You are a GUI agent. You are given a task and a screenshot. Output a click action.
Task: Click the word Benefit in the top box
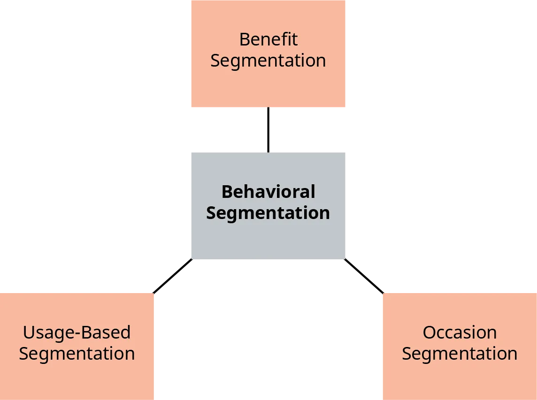pos(268,39)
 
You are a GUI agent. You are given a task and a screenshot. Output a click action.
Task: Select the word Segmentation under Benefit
pos(268,61)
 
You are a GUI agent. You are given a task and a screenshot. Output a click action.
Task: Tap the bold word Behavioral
pos(268,192)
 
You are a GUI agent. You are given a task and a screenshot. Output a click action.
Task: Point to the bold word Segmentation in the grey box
pos(268,213)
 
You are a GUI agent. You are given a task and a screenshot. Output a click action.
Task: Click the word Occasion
pos(460,332)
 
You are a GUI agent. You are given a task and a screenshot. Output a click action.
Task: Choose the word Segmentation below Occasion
pos(460,354)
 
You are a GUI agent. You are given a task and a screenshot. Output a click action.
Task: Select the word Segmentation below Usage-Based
pos(77,354)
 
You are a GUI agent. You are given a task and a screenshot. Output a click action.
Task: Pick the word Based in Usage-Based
pos(103,332)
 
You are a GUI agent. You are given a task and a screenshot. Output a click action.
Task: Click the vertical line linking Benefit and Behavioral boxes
pos(268,129)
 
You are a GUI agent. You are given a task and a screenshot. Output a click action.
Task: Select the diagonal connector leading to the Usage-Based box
pos(172,277)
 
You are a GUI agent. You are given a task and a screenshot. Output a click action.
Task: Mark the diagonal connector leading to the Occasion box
pos(365,276)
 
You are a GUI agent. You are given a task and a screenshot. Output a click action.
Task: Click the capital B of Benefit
pos(245,39)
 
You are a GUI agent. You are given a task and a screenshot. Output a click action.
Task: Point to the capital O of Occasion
pos(430,332)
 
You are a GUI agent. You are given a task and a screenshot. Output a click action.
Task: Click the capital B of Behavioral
pos(227,192)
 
